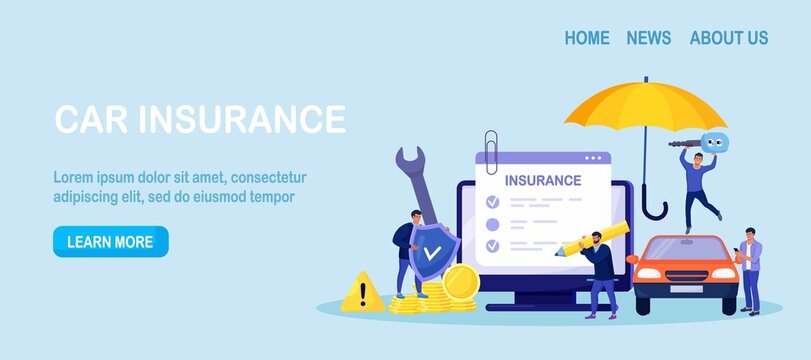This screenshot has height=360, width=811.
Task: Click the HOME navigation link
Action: pyautogui.click(x=586, y=38)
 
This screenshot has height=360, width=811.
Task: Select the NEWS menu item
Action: pyautogui.click(x=648, y=38)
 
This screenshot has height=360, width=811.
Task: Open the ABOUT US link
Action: pyautogui.click(x=728, y=38)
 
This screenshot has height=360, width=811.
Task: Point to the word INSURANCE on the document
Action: pyautogui.click(x=542, y=181)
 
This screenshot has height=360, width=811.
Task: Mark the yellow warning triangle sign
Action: pyautogui.click(x=360, y=293)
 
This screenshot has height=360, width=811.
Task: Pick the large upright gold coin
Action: pyautogui.click(x=461, y=284)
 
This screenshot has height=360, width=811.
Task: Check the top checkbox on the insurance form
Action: pyautogui.click(x=491, y=202)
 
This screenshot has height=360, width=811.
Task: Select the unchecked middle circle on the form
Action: pyautogui.click(x=491, y=223)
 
